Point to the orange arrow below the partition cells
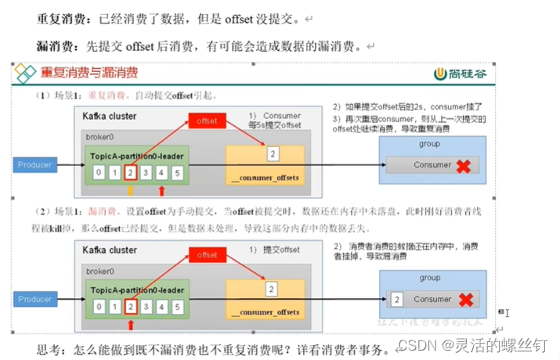coord(130,190)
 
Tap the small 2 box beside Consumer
coord(397,300)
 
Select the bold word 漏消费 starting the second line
coord(52,46)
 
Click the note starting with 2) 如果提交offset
coord(412,106)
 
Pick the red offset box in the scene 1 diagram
coord(208,121)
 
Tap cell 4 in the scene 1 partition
coord(165,172)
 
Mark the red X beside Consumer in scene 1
coord(464,166)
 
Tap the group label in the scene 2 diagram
coord(429,278)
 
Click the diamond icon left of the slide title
coord(27,74)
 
